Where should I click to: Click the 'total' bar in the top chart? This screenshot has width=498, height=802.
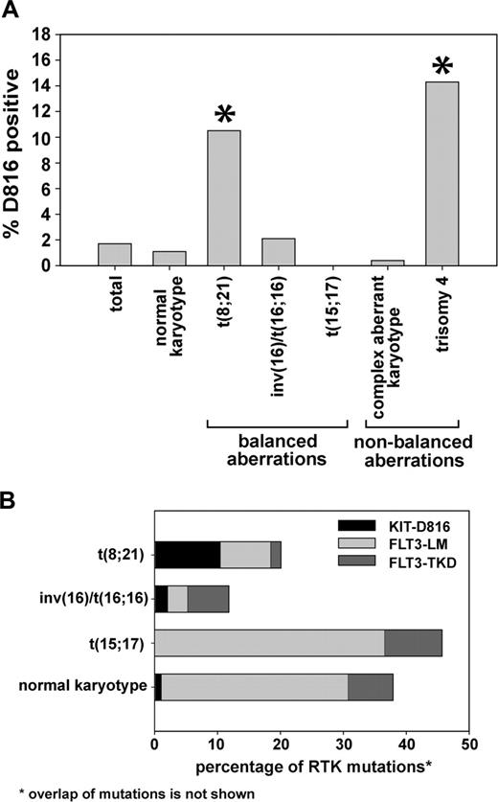coord(114,254)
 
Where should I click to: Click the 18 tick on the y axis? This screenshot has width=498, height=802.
coord(46,34)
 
